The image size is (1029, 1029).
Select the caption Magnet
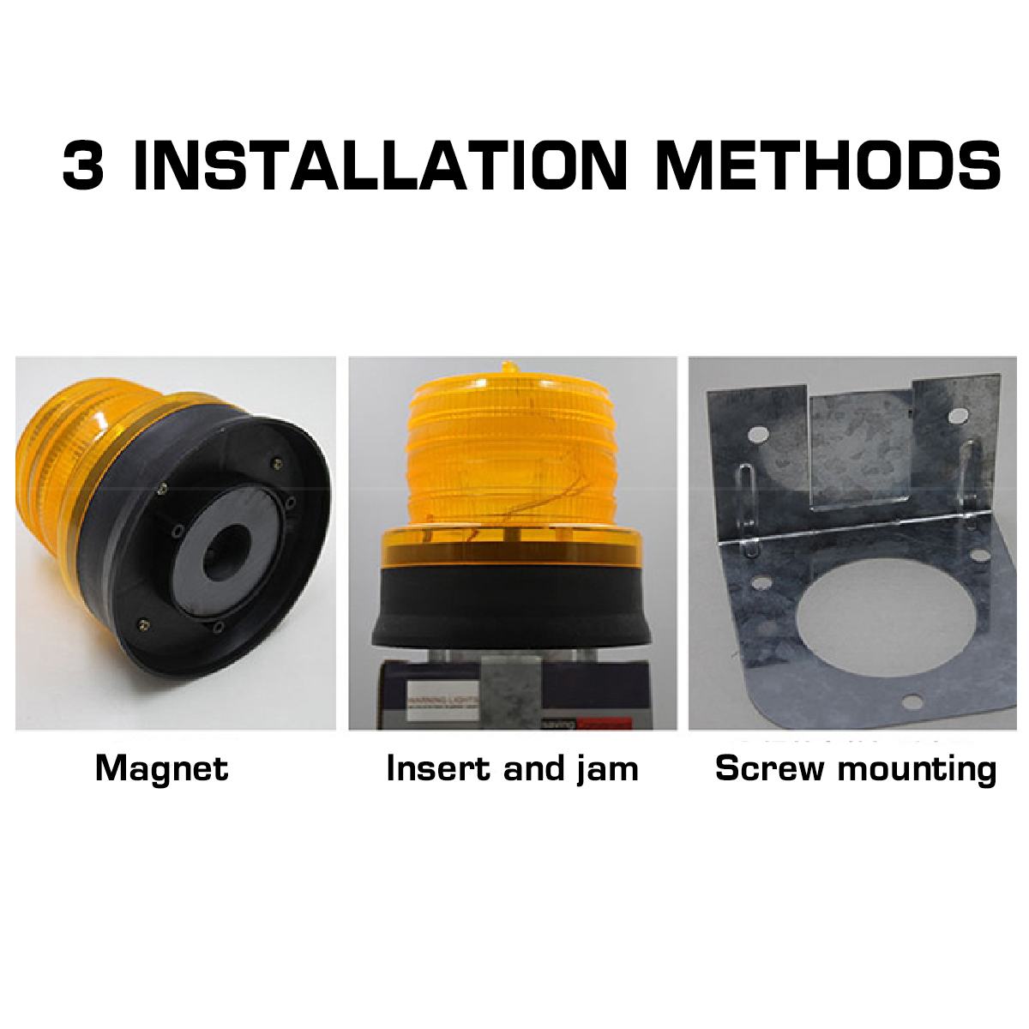click(x=162, y=767)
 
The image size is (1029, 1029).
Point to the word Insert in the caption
click(x=441, y=767)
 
